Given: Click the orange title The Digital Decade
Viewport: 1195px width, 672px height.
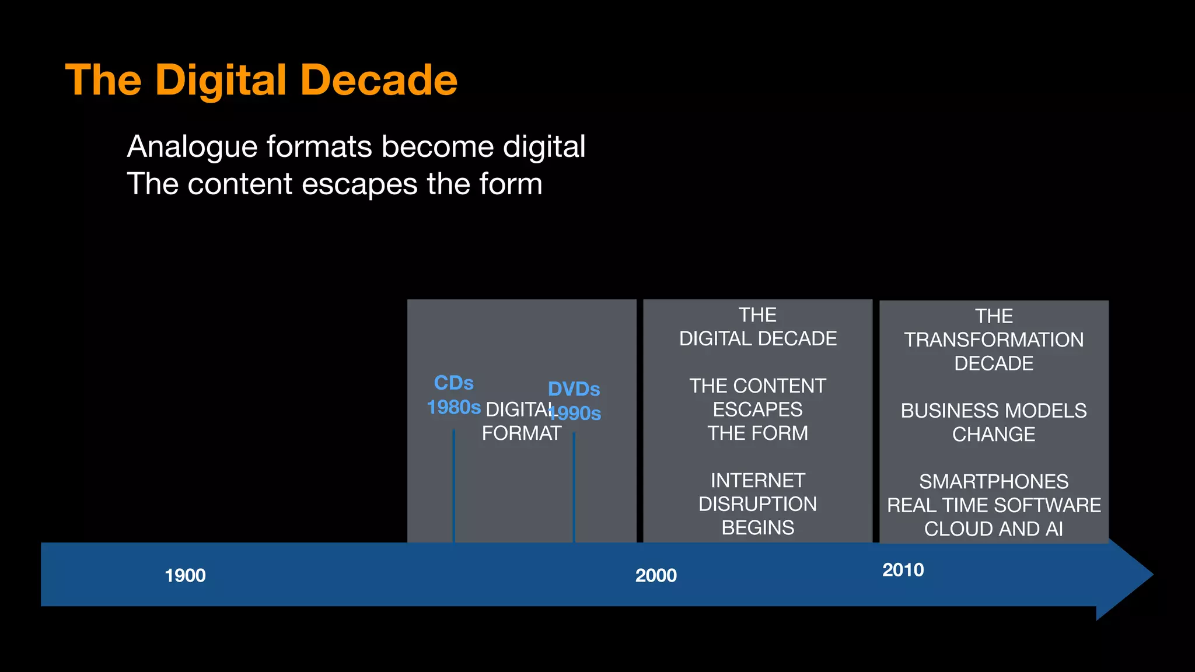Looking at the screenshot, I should click(x=261, y=80).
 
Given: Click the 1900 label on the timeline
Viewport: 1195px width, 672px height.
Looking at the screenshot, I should click(x=185, y=576).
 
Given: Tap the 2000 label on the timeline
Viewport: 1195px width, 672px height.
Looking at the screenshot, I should click(x=656, y=576).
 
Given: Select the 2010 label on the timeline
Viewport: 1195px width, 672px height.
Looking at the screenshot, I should click(x=903, y=570).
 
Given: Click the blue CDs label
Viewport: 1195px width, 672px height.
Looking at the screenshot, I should click(x=453, y=383).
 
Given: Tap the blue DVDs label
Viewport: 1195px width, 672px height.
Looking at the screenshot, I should click(x=574, y=389).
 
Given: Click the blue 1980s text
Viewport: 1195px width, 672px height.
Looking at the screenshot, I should click(x=453, y=407).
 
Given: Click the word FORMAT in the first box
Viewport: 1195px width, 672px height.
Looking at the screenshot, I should click(x=522, y=433).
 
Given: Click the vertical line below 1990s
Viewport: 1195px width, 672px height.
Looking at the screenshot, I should click(x=574, y=487).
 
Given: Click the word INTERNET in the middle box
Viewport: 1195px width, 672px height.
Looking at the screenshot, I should click(x=757, y=481).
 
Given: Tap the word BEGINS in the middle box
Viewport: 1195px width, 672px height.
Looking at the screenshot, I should click(x=757, y=528).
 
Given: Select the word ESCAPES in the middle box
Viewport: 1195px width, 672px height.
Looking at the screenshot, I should click(x=757, y=409).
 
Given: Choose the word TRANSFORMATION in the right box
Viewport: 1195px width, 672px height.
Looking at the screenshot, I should click(x=994, y=340).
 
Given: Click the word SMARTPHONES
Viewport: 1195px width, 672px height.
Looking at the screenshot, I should click(x=994, y=482).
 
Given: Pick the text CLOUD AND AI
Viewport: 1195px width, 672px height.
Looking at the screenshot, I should click(x=994, y=529).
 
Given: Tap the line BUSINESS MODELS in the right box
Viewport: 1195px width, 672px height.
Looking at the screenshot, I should click(x=994, y=411).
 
